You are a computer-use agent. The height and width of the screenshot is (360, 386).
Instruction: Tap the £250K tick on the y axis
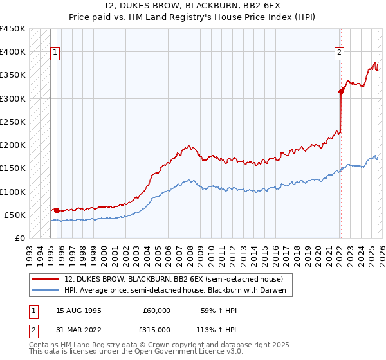click(x=13, y=122)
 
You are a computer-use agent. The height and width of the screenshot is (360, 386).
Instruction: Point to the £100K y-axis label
click(x=13, y=192)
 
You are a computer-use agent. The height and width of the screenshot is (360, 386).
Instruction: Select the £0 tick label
click(x=19, y=238)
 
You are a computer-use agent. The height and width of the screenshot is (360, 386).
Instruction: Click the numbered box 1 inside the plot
click(x=55, y=53)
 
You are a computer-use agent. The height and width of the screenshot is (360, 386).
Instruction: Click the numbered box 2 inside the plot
click(x=339, y=53)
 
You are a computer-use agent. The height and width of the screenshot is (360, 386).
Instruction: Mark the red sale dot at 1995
click(x=57, y=210)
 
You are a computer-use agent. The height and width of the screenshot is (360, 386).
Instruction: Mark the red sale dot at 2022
click(x=340, y=91)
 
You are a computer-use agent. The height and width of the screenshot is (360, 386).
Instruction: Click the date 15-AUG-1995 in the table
click(x=78, y=310)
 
